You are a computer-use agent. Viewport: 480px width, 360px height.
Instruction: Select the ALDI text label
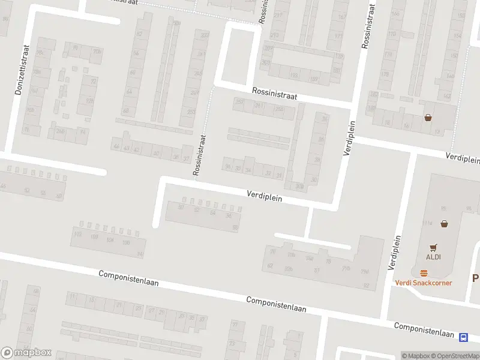pyautogui.click(x=434, y=257)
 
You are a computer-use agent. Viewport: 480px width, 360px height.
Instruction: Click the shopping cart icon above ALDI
pyautogui.click(x=434, y=247)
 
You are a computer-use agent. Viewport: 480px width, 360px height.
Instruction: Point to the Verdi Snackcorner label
pyautogui.click(x=423, y=283)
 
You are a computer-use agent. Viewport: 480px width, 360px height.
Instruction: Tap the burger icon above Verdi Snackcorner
pyautogui.click(x=424, y=273)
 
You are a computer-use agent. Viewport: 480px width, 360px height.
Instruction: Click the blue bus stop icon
pyautogui.click(x=463, y=337)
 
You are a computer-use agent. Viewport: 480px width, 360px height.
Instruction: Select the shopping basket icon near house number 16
pyautogui.click(x=428, y=118)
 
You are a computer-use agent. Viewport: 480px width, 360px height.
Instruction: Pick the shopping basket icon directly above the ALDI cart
pyautogui.click(x=444, y=224)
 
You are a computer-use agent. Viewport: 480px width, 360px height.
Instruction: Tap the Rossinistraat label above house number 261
pyautogui.click(x=274, y=96)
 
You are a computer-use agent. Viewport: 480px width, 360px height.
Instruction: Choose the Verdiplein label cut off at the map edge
pyautogui.click(x=463, y=158)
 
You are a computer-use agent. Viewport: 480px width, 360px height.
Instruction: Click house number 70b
pyautogui.click(x=96, y=52)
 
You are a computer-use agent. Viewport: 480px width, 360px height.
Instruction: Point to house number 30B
pyautogui.click(x=299, y=186)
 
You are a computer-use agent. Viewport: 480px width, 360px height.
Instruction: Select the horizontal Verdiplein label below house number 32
pyautogui.click(x=265, y=195)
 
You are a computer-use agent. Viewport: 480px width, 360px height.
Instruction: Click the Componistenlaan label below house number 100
pyautogui.click(x=128, y=278)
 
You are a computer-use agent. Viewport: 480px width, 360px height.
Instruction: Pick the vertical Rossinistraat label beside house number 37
pyautogui.click(x=200, y=155)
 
